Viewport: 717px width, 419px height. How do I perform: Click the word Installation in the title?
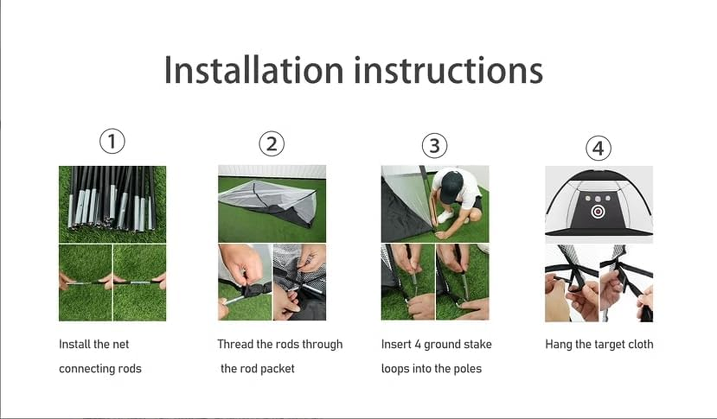coord(253,70)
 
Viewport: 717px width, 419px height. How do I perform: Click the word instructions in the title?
coord(448,70)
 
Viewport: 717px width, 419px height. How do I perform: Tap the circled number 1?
coord(112,141)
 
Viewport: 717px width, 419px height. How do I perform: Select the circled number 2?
coord(272,144)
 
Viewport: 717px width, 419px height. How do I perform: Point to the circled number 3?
coord(435,145)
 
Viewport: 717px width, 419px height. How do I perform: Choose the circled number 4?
coord(598,149)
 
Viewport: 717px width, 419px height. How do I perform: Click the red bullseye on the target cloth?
coord(597,212)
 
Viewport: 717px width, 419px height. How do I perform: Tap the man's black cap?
coord(451,186)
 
